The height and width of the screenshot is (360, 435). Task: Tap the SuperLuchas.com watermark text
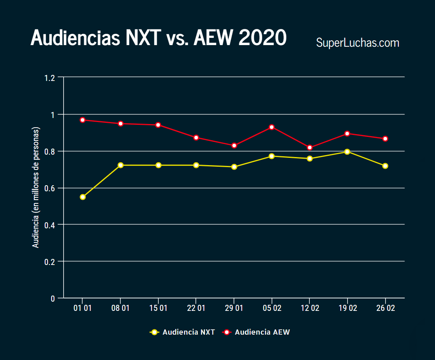[357, 43]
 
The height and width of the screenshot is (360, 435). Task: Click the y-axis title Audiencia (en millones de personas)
[36, 188]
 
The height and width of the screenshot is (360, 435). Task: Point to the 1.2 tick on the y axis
[50, 78]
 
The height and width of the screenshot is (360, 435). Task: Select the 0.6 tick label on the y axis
[50, 188]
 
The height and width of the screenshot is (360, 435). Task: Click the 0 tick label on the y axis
[53, 298]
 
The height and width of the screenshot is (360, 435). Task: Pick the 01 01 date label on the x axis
[82, 308]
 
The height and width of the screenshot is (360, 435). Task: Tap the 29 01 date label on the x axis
[234, 308]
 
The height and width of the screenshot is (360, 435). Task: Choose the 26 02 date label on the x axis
[385, 308]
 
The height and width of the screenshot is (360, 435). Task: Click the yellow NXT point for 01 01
[83, 197]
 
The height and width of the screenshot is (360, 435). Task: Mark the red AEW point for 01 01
[83, 120]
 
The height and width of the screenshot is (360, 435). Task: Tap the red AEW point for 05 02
[272, 127]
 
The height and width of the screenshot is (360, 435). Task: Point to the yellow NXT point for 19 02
[347, 152]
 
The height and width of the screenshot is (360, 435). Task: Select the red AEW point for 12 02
[310, 147]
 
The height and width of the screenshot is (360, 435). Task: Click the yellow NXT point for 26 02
[385, 166]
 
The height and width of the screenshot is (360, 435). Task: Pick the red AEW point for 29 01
[234, 145]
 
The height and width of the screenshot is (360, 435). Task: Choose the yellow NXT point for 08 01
[120, 165]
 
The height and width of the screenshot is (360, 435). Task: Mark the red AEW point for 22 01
[196, 138]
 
